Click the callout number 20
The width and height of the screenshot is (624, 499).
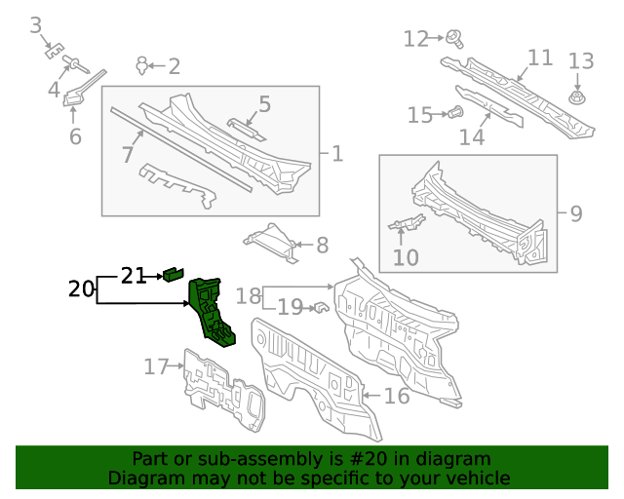(x=82, y=288)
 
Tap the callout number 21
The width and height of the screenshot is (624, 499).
(x=134, y=276)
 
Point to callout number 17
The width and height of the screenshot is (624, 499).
(x=156, y=366)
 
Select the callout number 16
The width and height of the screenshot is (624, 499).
(x=396, y=396)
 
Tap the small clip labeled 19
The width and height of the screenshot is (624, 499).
(x=318, y=309)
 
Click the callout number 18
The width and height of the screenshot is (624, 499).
(x=249, y=295)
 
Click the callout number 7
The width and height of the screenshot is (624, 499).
(x=127, y=154)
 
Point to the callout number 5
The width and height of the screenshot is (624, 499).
(x=264, y=104)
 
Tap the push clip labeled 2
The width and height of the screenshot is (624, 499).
(x=144, y=65)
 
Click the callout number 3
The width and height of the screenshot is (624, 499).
(x=36, y=24)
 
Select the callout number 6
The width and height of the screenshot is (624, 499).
(x=75, y=136)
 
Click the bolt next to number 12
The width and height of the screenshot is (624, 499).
(x=455, y=39)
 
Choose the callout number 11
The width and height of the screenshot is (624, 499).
(x=540, y=58)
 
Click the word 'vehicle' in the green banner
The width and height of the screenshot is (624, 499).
(x=476, y=479)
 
